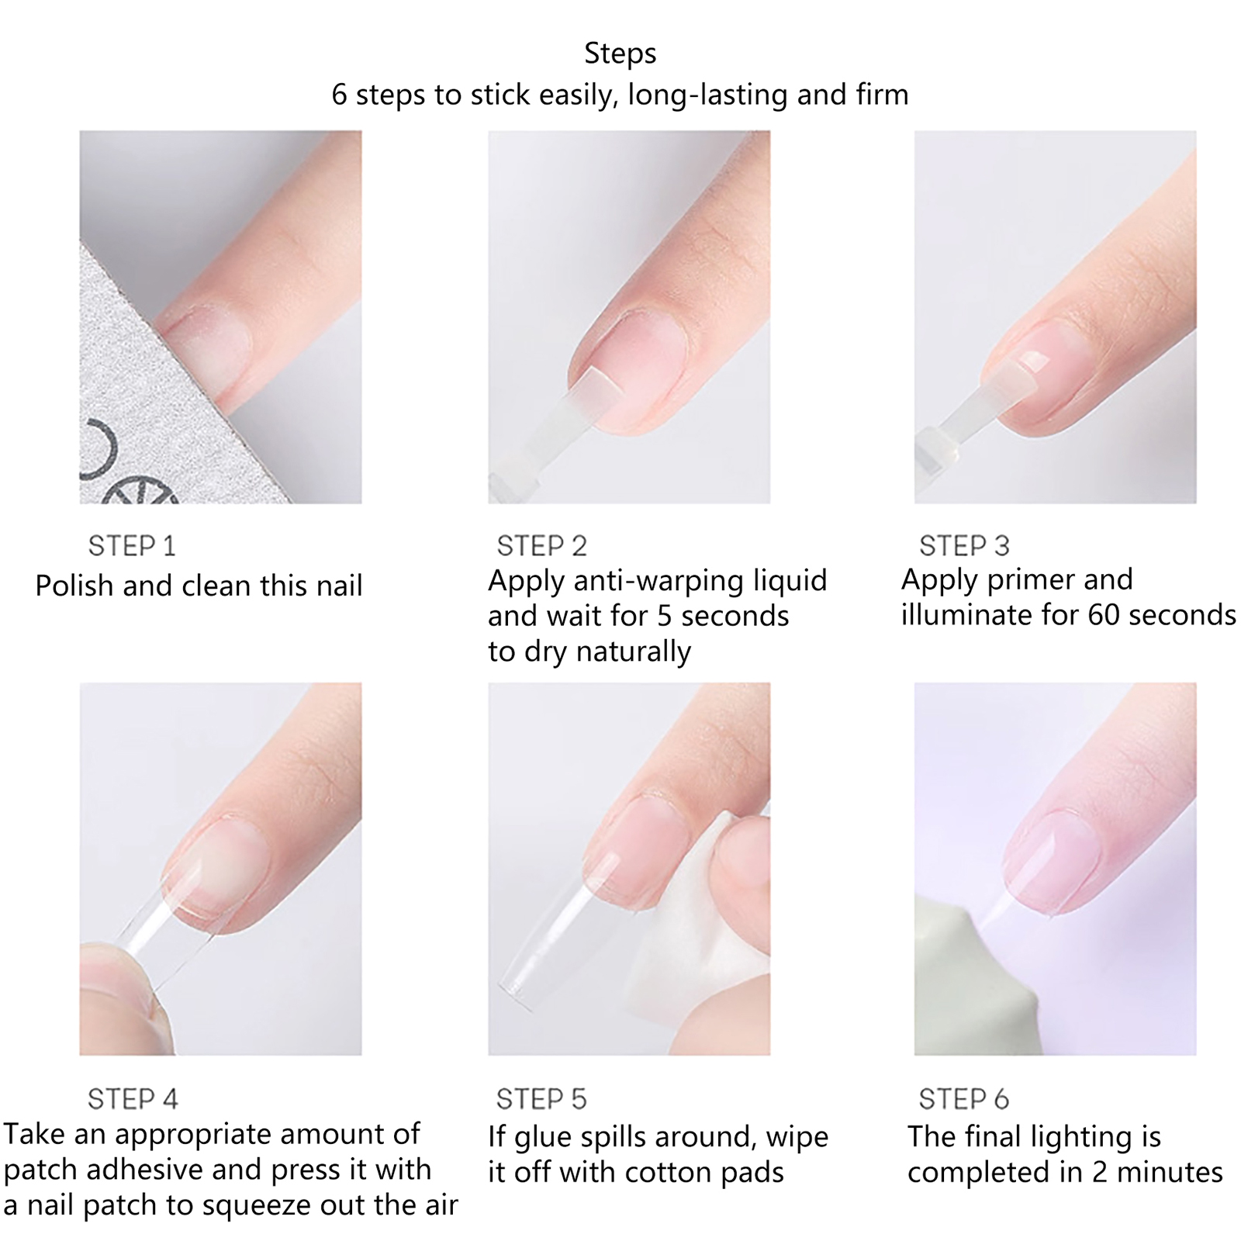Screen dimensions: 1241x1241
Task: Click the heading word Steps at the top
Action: (620, 54)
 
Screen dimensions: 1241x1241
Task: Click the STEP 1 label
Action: (132, 546)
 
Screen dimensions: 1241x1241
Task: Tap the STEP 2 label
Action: (541, 546)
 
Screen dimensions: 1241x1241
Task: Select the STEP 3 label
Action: (964, 546)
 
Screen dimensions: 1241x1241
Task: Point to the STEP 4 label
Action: (133, 1099)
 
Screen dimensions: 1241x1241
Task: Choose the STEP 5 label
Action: (541, 1099)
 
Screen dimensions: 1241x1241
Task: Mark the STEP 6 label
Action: (963, 1099)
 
